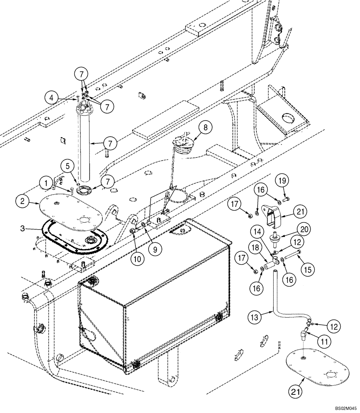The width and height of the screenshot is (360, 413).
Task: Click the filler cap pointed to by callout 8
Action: pos(182,145)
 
